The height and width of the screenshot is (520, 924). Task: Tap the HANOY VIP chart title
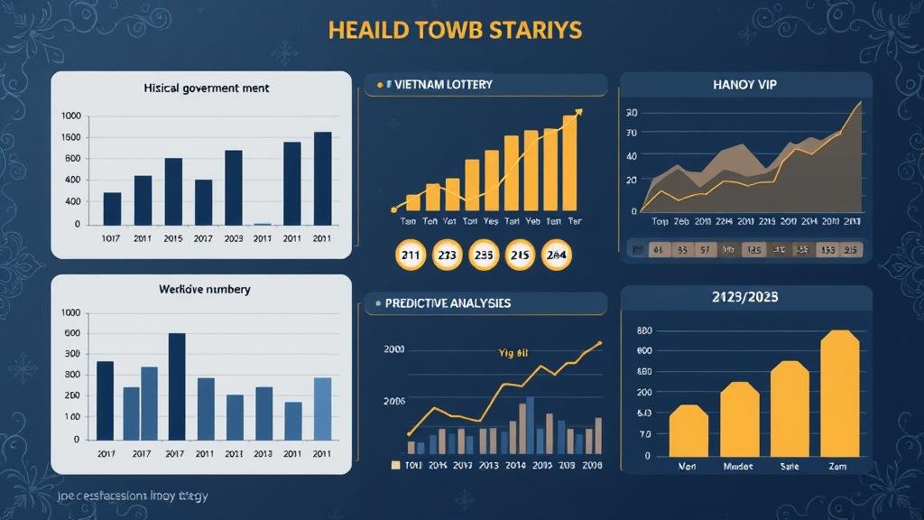[744, 84]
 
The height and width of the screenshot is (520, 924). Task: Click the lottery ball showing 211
[411, 255]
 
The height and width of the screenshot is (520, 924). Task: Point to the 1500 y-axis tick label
[70, 137]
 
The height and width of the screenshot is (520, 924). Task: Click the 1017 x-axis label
[112, 238]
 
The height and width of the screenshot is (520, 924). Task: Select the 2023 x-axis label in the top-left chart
[233, 238]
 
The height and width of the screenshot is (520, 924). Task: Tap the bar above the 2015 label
[173, 191]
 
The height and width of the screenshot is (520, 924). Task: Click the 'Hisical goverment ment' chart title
[207, 89]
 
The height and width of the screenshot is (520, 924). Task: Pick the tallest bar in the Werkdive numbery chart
[177, 385]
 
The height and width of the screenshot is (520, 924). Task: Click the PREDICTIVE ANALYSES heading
[448, 303]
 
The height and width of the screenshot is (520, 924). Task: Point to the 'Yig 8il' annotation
[512, 353]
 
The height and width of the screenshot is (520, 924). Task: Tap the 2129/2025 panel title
[745, 296]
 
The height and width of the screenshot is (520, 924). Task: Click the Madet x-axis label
[738, 468]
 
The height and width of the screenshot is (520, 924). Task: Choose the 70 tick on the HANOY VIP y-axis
[631, 134]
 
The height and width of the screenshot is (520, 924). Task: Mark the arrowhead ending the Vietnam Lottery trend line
[578, 113]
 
